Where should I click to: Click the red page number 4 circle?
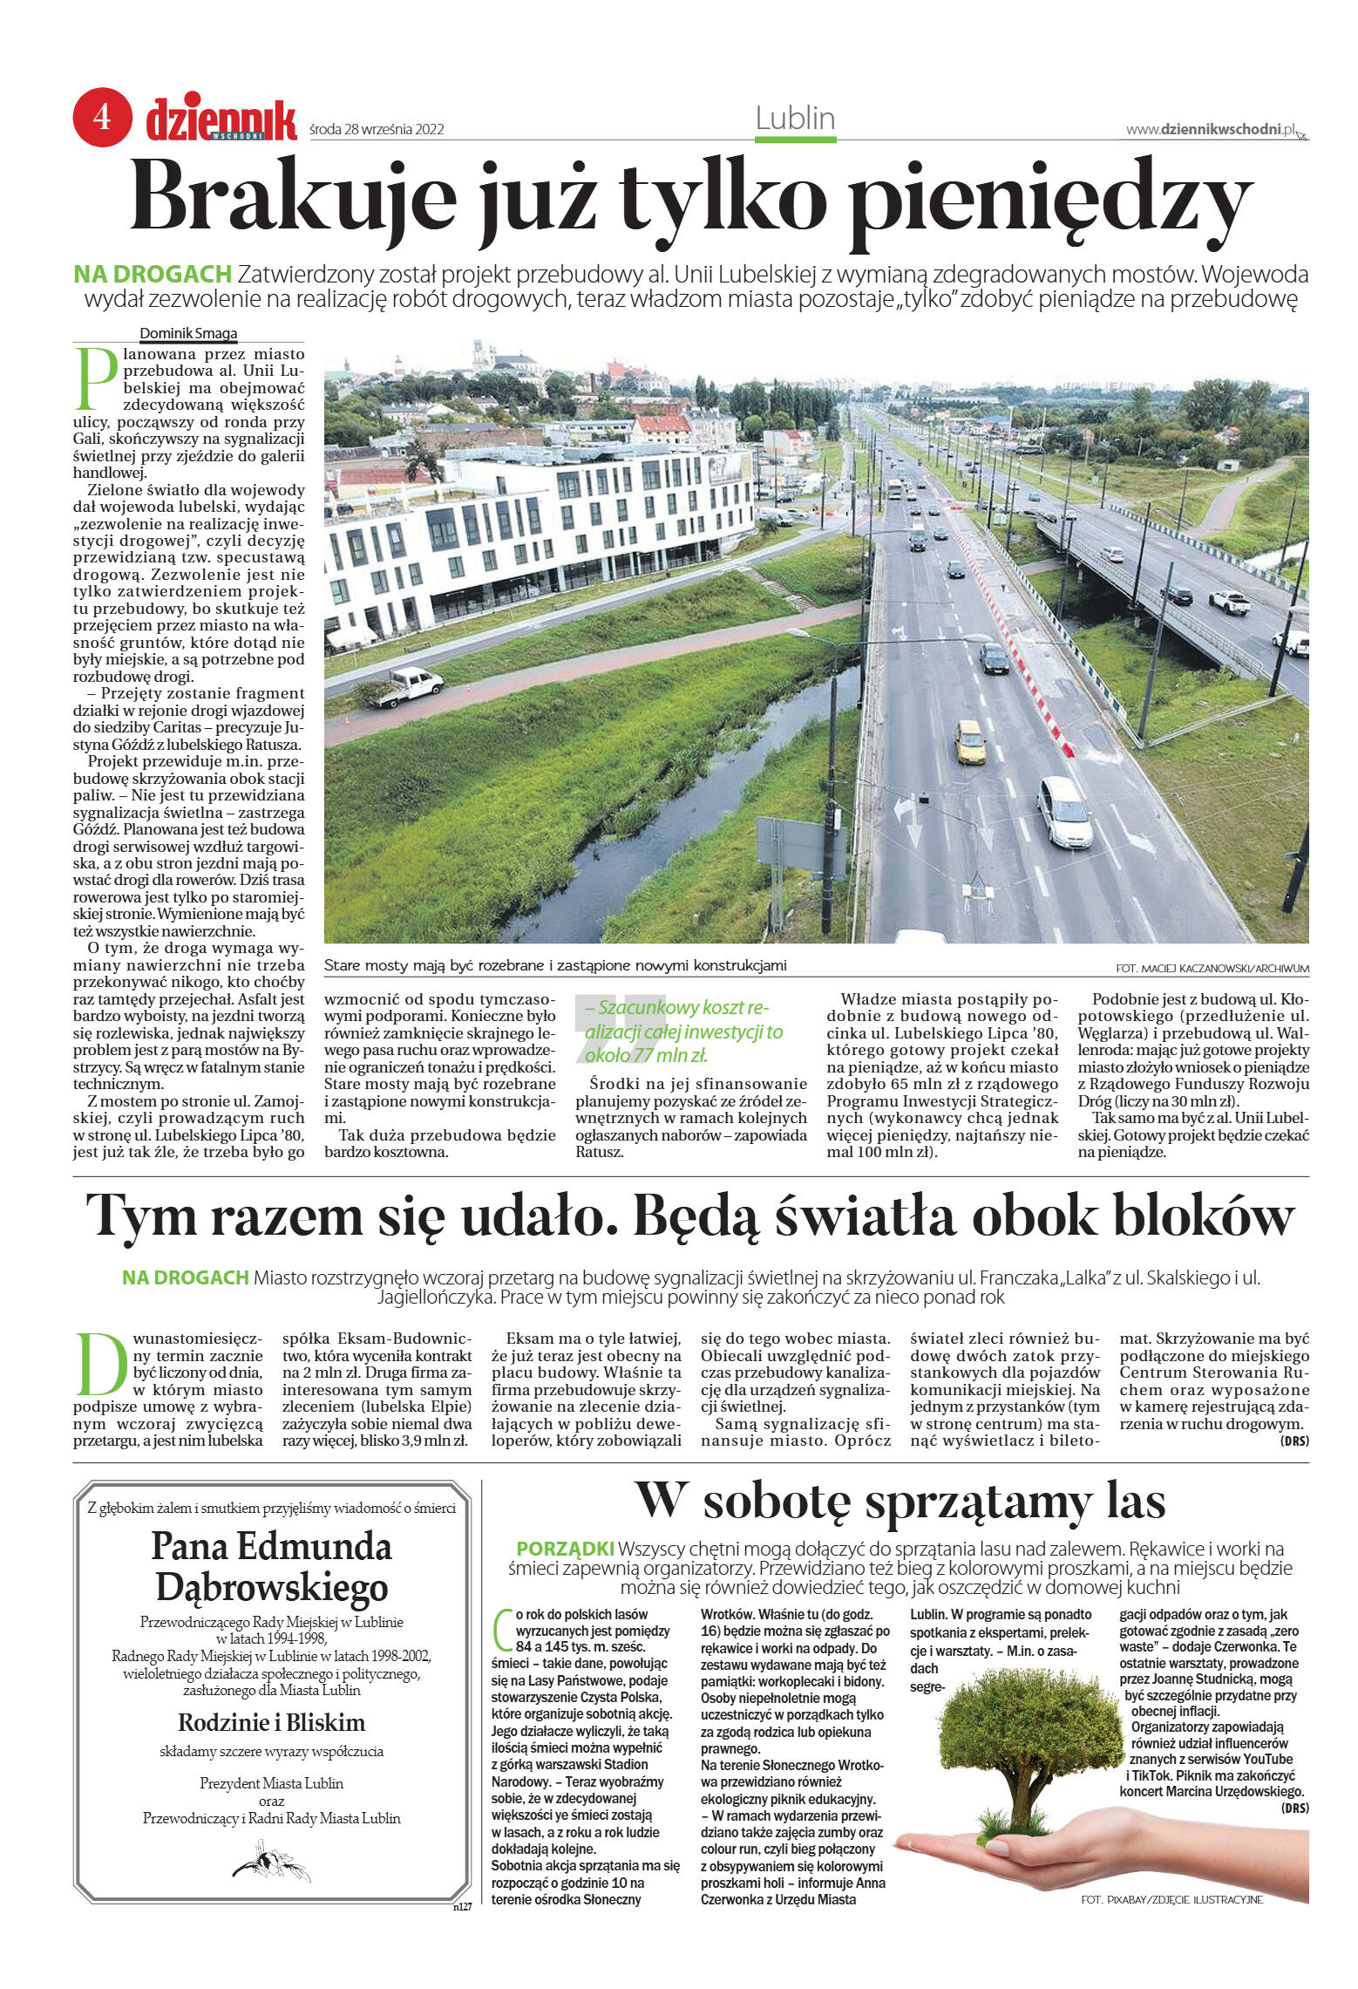pyautogui.click(x=102, y=117)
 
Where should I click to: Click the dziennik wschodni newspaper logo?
pyautogui.click(x=221, y=120)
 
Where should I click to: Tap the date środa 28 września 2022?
pyautogui.click(x=377, y=130)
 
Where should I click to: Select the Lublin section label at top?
pyautogui.click(x=794, y=119)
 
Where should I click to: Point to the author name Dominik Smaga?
pyautogui.click(x=188, y=333)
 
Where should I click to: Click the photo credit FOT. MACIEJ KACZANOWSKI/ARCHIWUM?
pyautogui.click(x=1211, y=968)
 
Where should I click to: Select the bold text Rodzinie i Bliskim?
pyautogui.click(x=271, y=1722)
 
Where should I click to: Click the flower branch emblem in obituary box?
pyautogui.click(x=270, y=1861)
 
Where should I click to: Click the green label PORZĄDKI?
pyautogui.click(x=565, y=1549)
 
